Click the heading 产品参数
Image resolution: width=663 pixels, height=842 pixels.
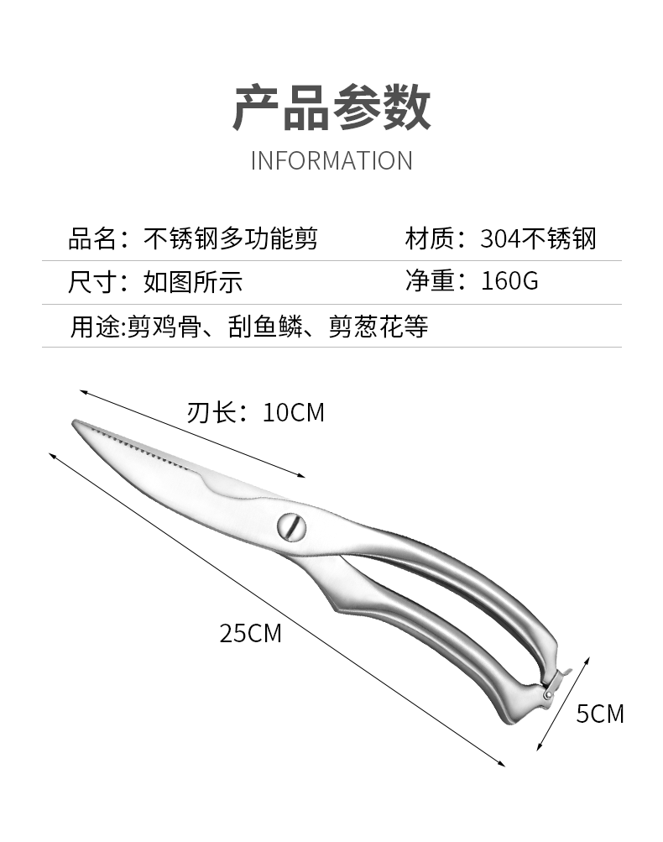coord(331,107)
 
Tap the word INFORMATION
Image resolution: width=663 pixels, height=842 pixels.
coord(331,160)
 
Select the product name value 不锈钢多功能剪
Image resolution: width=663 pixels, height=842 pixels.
coord(231,239)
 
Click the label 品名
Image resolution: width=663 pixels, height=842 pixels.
coord(91,239)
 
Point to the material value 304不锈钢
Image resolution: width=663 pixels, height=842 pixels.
coord(538,239)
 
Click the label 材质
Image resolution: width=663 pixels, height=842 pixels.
coord(429,239)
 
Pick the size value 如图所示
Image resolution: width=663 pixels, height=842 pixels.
coord(193,281)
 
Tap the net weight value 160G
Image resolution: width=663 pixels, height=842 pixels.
coord(509,280)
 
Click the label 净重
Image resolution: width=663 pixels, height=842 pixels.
coord(429,280)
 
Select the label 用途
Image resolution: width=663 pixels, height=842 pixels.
coord(91,326)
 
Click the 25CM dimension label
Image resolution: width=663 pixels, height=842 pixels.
coord(250,633)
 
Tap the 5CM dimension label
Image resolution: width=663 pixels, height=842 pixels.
coord(600,714)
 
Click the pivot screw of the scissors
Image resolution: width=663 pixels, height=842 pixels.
coord(291,526)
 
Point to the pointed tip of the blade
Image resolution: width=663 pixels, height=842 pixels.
coord(75,423)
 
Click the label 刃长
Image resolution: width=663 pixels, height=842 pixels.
coord(210,413)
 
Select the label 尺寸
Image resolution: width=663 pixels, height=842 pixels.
coord(91,281)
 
